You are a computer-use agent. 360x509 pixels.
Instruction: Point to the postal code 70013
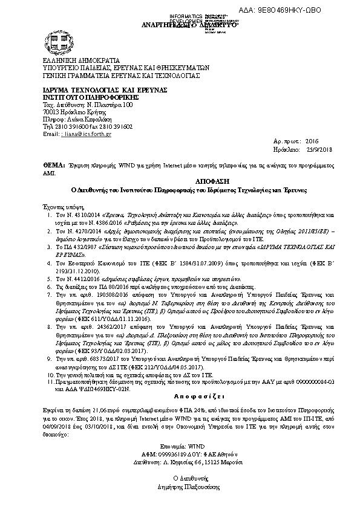(x=51, y=112)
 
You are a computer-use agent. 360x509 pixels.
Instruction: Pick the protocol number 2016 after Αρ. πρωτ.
(x=303, y=139)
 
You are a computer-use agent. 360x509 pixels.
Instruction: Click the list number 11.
(x=50, y=382)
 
